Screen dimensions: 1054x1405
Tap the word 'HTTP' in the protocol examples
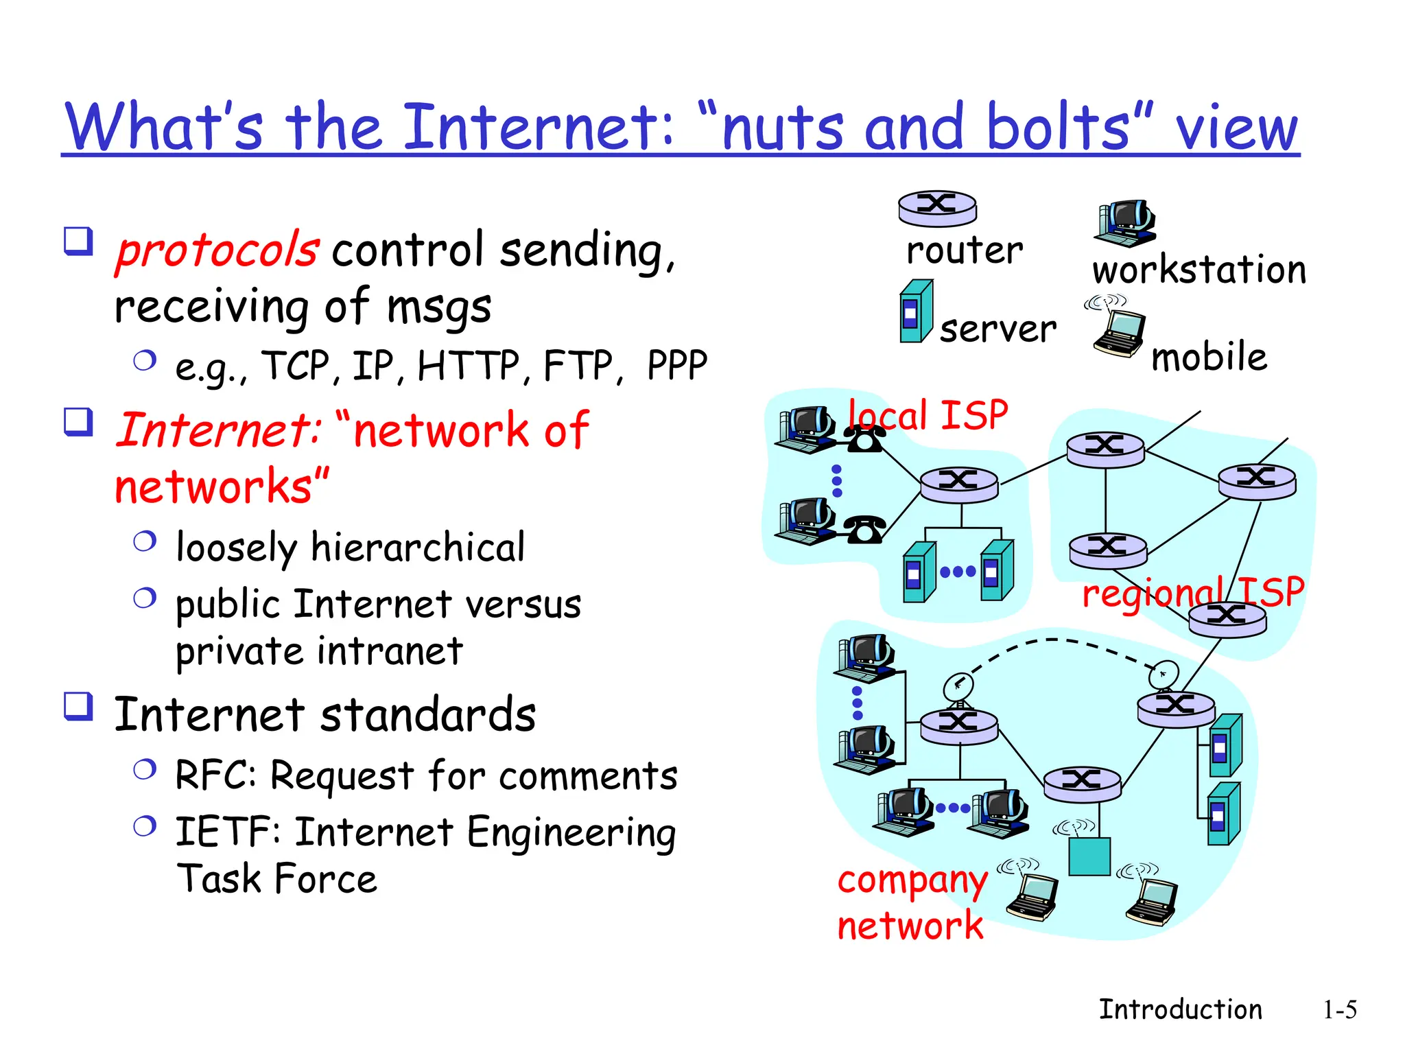point(469,365)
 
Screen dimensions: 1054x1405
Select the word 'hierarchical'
point(418,548)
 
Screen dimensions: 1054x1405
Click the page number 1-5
point(1339,1010)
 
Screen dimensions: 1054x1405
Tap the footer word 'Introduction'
point(1180,1010)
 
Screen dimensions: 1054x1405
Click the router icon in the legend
point(937,208)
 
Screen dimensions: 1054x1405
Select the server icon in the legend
point(916,312)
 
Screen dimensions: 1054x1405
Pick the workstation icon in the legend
point(1125,223)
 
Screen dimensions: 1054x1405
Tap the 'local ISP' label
point(928,415)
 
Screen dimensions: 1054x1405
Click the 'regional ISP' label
point(1192,592)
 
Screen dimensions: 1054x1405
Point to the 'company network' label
point(911,902)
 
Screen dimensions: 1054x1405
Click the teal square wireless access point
point(1089,856)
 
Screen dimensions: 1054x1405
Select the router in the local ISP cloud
point(958,484)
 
